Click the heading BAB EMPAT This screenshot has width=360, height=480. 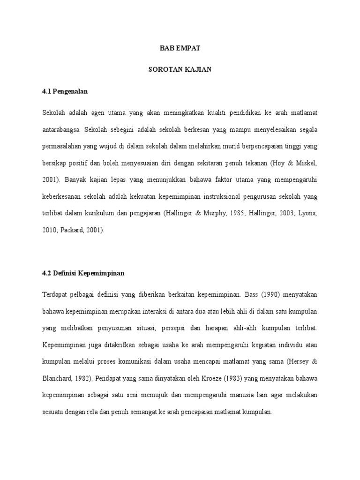point(180,48)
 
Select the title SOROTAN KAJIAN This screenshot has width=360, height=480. point(180,70)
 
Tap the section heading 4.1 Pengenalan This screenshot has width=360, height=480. point(65,92)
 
